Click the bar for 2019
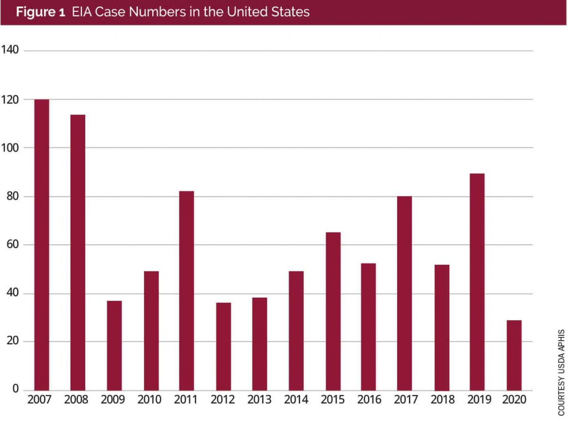[x=477, y=282]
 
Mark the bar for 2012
[x=223, y=346]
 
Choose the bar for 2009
[x=114, y=345]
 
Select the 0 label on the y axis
[x=15, y=390]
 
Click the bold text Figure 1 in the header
[x=41, y=12]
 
